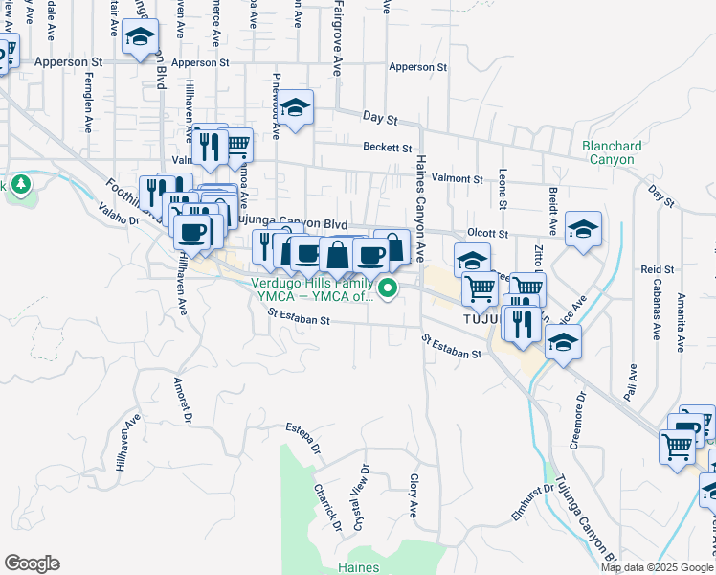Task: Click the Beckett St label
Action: point(387,148)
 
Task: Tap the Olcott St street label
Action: point(489,233)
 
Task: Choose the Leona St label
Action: point(503,190)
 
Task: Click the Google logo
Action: point(31,563)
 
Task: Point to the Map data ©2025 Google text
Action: point(657,567)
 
